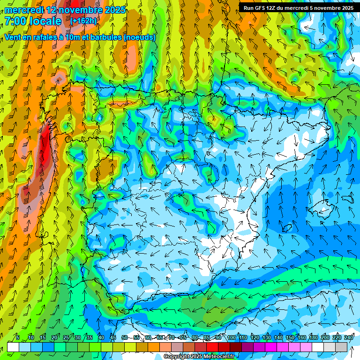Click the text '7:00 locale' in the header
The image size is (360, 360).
point(33,22)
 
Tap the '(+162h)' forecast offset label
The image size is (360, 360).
point(83,21)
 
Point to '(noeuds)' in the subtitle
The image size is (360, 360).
point(140,37)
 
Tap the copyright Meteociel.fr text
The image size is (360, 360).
point(199,357)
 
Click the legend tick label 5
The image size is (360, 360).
point(18,337)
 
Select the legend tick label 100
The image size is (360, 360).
point(231,337)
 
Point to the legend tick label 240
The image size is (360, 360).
point(348,337)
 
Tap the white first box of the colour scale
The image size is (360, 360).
point(13,347)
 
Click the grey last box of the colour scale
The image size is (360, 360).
point(341,347)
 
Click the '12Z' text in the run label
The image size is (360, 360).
point(270,7)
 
